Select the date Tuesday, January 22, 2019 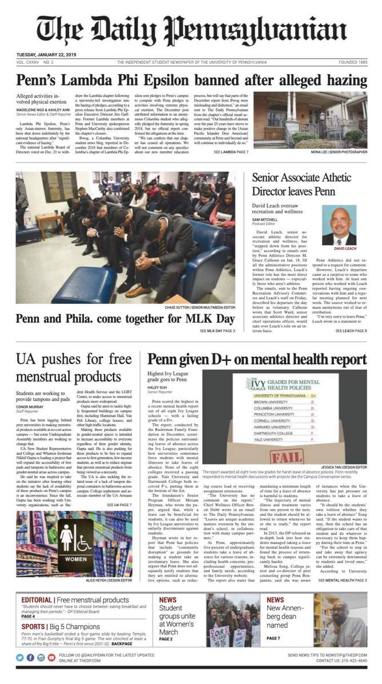tap(46, 55)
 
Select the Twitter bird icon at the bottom tap(21, 657)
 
